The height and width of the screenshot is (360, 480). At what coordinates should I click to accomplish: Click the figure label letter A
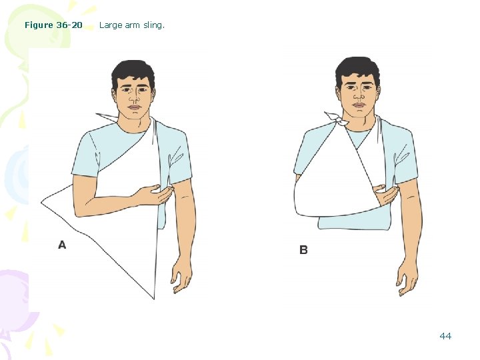[x=62, y=245]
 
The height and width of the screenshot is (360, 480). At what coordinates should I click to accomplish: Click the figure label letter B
[x=303, y=250]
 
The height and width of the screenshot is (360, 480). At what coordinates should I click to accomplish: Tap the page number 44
[x=445, y=336]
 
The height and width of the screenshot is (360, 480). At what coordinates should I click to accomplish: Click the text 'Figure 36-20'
[x=53, y=25]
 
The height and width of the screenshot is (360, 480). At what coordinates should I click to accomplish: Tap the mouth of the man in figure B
[x=359, y=105]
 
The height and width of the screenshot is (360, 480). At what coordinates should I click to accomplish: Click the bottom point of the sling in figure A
[x=154, y=299]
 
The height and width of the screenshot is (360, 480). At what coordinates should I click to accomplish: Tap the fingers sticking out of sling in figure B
[x=386, y=195]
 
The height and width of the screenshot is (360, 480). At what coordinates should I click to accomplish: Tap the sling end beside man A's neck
[x=106, y=117]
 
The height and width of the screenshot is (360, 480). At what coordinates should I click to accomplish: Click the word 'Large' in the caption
[x=111, y=25]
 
